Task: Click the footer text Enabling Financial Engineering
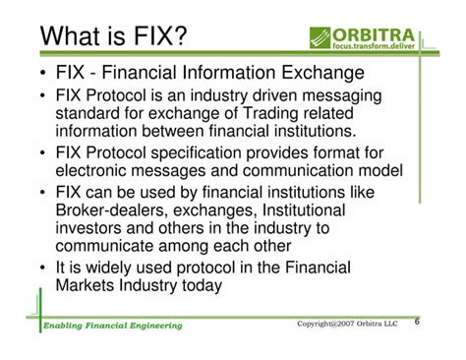point(112,326)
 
